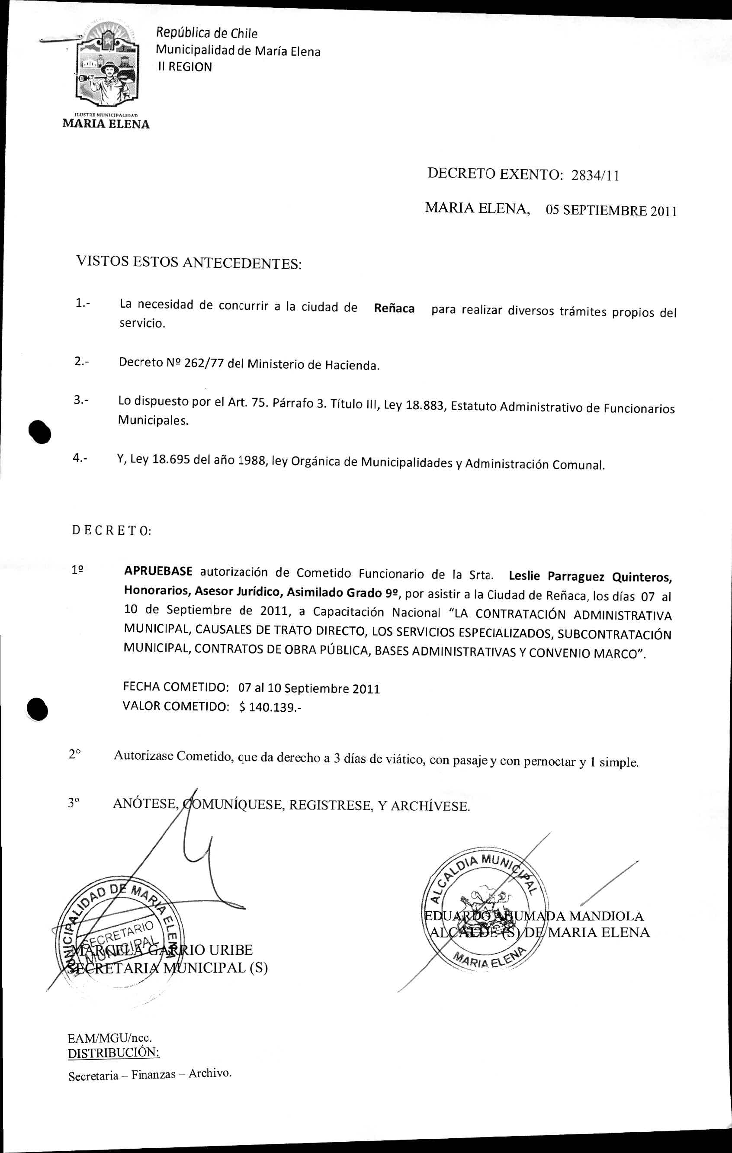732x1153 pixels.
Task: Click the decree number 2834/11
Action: [x=595, y=176]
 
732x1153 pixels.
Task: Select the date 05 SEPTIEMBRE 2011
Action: [x=611, y=211]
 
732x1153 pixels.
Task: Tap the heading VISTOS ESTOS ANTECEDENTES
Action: [x=189, y=262]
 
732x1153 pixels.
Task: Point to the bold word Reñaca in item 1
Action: [x=394, y=308]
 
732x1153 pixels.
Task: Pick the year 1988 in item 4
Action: [x=252, y=461]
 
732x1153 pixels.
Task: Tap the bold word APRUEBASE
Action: [x=158, y=571]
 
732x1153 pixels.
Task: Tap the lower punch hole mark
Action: [x=38, y=709]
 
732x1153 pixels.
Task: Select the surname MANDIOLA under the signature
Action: [x=607, y=916]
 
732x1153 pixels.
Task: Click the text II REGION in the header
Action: [x=185, y=67]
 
